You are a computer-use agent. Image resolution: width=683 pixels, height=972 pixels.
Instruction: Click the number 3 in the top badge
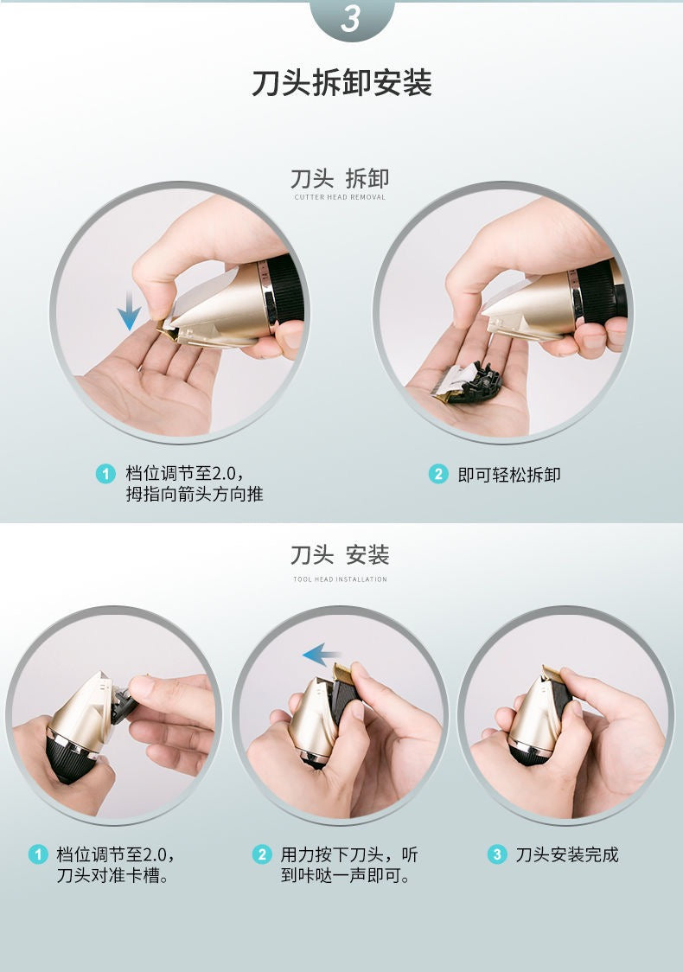350,19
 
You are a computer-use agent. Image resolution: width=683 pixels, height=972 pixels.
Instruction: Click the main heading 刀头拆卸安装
341,83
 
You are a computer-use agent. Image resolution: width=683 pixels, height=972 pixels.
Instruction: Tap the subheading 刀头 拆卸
340,179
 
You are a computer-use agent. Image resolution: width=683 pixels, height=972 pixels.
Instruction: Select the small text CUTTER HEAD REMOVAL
340,197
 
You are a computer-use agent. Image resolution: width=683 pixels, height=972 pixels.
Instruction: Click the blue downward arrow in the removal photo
129,310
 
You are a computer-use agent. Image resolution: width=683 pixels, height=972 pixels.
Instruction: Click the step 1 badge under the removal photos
105,473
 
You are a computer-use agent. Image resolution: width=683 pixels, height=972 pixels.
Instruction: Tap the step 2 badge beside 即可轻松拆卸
438,474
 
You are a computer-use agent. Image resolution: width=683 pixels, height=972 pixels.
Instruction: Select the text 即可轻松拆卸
509,474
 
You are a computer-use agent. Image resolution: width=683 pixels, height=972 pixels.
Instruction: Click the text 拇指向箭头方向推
195,495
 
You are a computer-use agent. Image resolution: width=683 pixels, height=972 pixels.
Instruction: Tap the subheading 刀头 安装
340,554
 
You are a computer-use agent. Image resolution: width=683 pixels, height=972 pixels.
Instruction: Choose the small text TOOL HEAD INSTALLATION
340,579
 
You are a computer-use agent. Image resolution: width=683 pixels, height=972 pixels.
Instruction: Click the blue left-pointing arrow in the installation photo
321,655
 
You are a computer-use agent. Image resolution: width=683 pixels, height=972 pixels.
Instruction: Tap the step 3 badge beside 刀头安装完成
497,854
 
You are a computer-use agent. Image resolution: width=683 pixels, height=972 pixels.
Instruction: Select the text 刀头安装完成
567,854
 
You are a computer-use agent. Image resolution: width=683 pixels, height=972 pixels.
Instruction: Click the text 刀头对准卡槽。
112,876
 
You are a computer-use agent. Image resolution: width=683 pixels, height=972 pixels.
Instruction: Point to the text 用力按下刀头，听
349,854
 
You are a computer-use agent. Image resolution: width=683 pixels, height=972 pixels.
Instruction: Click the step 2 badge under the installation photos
262,854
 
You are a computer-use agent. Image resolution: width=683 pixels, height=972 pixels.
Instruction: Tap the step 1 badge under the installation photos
37,854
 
